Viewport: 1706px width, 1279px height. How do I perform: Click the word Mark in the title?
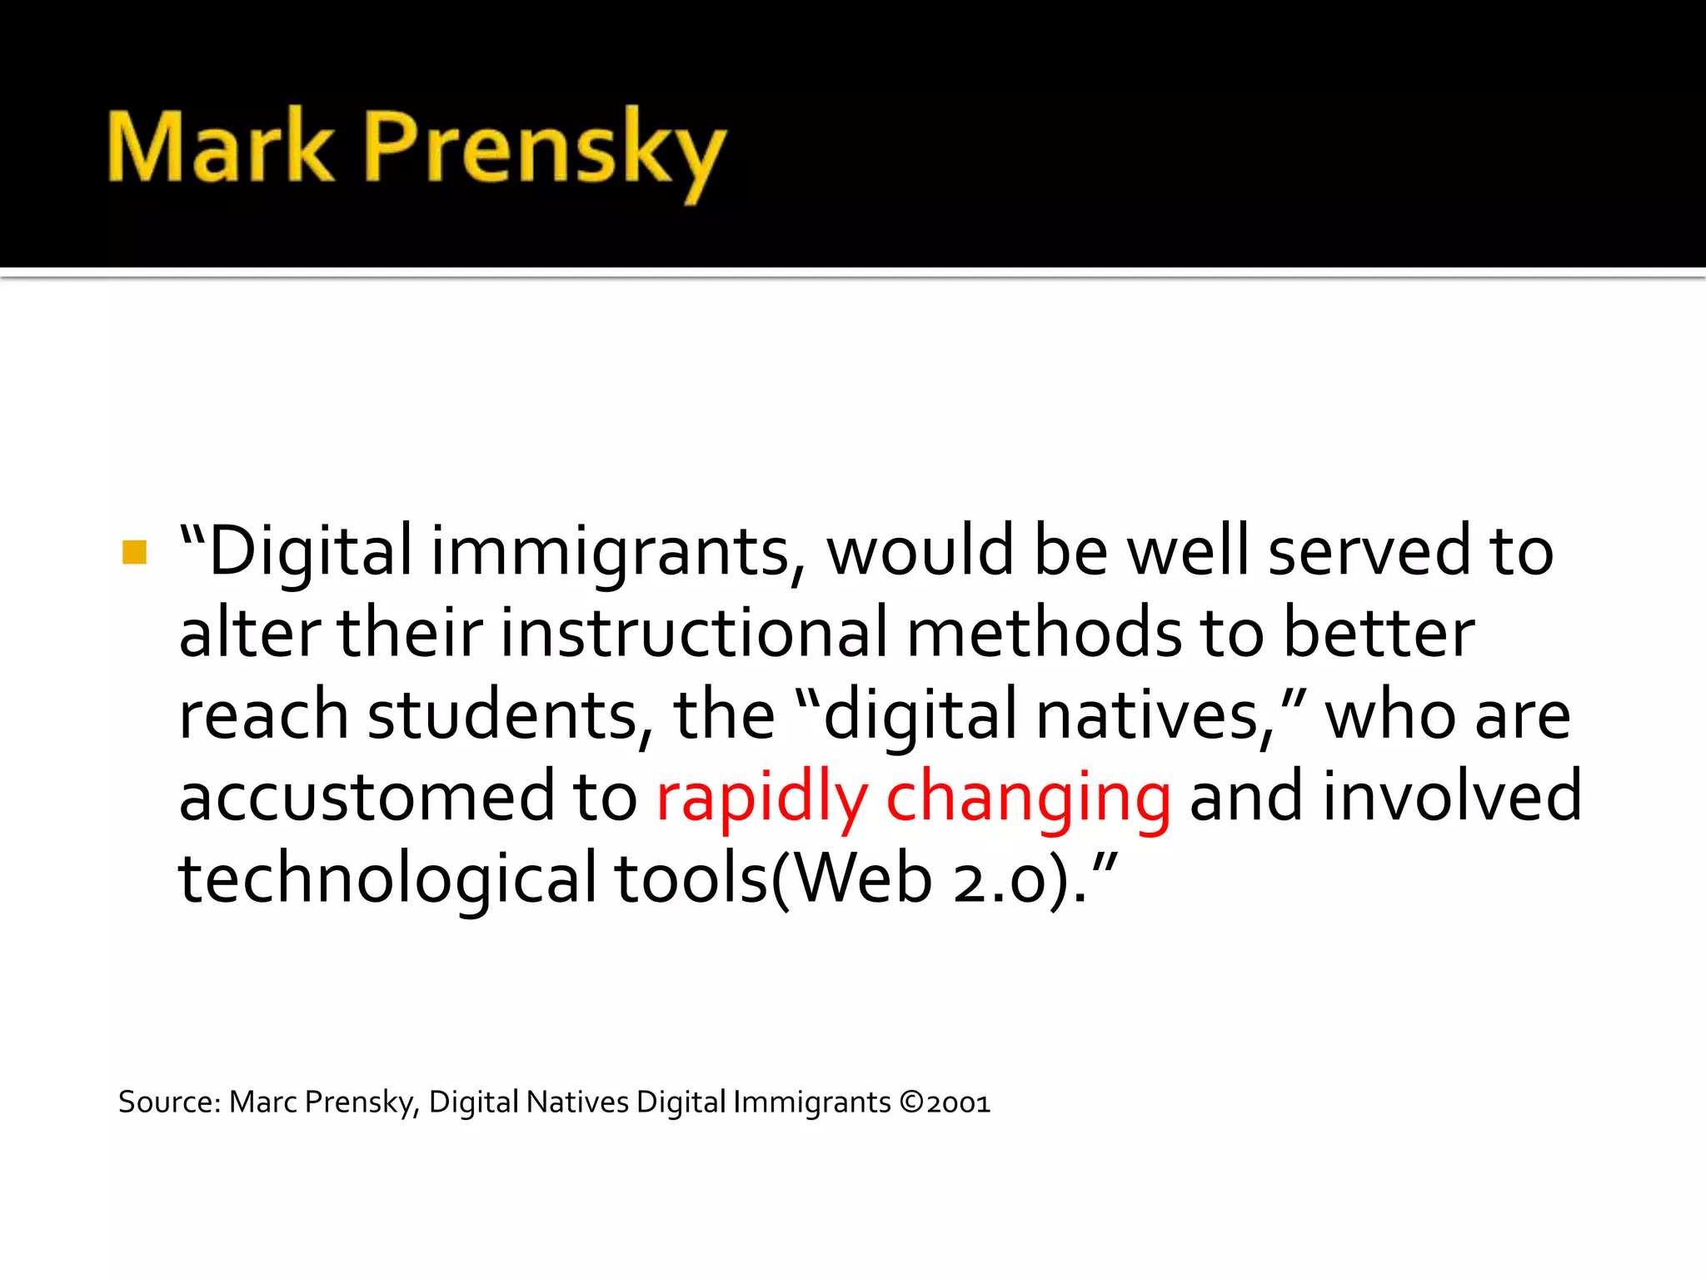220,148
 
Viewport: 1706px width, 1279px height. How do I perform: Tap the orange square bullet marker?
134,552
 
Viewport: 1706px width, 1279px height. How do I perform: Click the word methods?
1044,633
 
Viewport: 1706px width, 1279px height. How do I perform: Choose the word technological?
387,879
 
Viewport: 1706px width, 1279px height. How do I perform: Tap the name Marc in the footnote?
262,1102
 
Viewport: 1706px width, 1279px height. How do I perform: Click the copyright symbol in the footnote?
912,1102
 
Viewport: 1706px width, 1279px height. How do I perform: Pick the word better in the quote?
1379,633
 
